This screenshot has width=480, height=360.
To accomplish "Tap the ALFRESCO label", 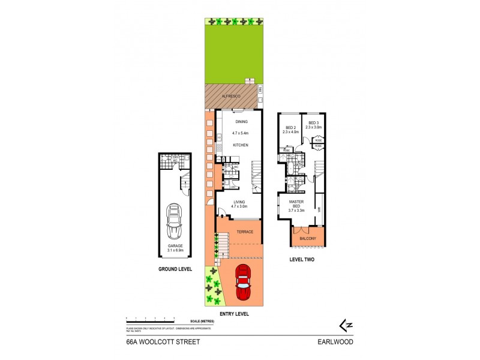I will (x=215, y=95).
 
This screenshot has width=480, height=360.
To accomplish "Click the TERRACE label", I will (x=244, y=232).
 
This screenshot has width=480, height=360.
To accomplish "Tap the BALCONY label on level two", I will (x=307, y=238).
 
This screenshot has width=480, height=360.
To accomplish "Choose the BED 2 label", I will (x=290, y=127).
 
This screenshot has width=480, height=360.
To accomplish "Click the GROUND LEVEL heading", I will (x=175, y=269).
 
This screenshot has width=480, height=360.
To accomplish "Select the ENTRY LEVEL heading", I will (x=233, y=314).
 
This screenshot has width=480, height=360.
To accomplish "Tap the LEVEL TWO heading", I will (x=302, y=260).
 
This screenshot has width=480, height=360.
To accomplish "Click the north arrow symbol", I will (x=345, y=326).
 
